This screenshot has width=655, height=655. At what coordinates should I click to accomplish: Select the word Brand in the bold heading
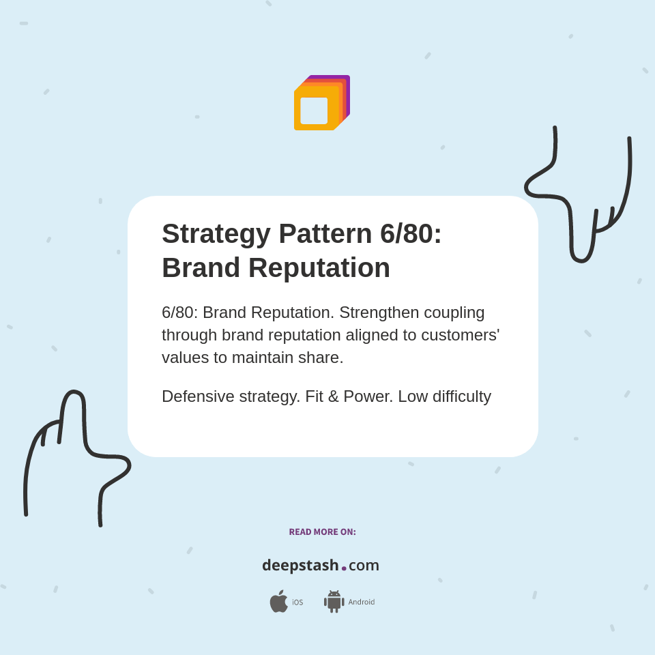coord(200,267)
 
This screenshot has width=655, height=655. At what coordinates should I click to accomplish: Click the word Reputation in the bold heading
coord(319,267)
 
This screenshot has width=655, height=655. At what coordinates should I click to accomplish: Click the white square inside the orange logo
coord(314,111)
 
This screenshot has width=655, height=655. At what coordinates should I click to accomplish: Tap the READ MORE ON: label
coord(322,532)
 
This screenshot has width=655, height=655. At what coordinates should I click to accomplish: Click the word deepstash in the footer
coord(300,566)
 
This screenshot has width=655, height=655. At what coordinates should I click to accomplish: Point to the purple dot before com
coord(344,568)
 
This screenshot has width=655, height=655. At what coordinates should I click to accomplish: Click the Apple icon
coord(278,601)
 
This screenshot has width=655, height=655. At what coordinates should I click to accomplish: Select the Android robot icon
coord(334,601)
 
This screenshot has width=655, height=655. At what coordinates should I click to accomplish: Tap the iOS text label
coord(297,602)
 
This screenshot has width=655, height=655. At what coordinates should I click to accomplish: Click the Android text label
coord(361,602)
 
